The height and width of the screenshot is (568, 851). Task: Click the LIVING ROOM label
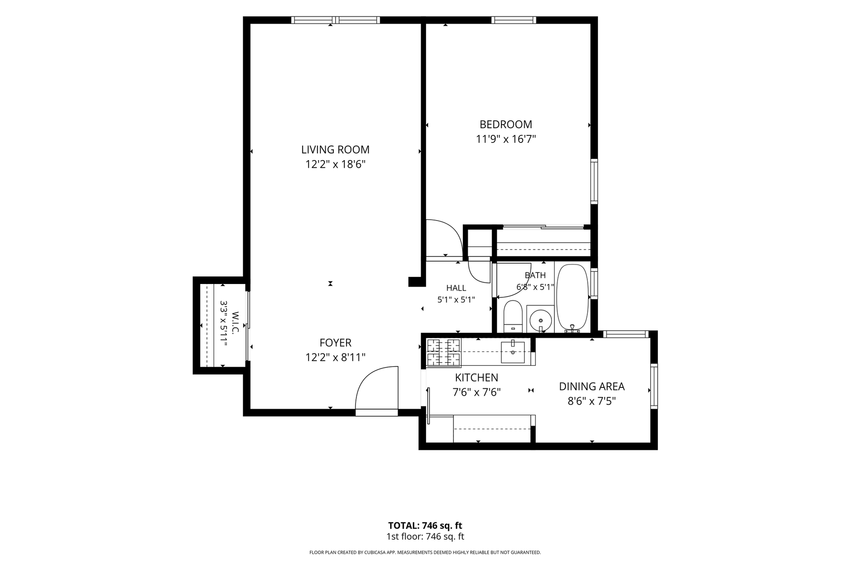point(335,150)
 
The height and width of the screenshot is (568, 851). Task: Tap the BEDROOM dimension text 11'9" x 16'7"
point(506,139)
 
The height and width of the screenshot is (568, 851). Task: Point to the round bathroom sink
point(540,318)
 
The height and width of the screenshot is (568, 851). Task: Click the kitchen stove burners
point(443,353)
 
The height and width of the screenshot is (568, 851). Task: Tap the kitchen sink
point(513,352)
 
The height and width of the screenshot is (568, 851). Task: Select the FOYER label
point(336,343)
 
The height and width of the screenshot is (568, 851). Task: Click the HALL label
point(456,288)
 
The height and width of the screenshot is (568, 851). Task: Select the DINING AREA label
point(592,387)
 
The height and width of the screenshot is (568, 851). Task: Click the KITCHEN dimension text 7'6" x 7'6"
point(476,392)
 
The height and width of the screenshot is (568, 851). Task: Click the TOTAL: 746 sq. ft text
point(425,526)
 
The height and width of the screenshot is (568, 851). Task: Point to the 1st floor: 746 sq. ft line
point(425,536)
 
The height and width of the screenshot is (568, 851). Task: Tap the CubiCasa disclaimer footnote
point(425,552)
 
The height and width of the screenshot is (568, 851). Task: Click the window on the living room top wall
point(336,20)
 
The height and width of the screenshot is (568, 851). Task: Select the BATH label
point(535,275)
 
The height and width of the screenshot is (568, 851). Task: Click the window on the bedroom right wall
point(594,181)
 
